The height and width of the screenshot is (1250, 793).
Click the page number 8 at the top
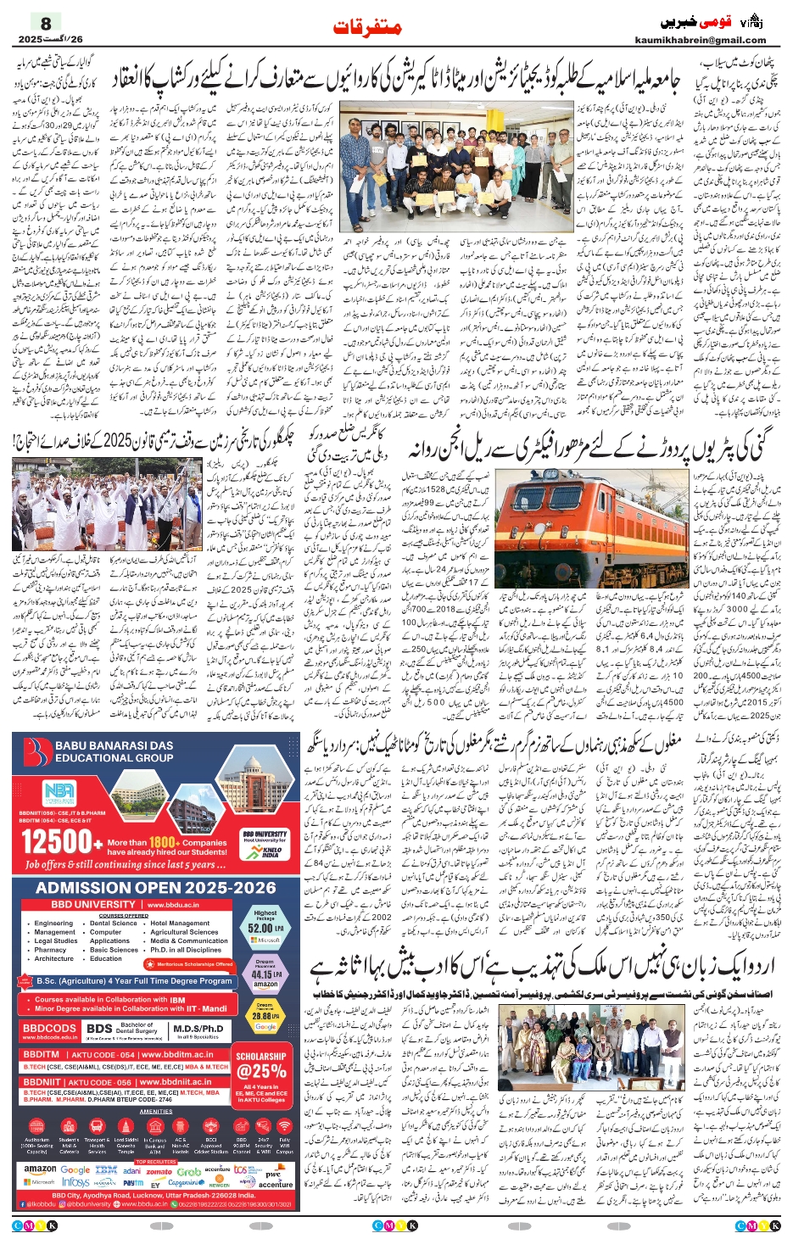(46, 23)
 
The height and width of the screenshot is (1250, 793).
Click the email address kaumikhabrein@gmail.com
(700, 40)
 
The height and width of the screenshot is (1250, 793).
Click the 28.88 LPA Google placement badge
(265, 1015)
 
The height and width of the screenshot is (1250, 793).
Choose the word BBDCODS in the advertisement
(49, 1028)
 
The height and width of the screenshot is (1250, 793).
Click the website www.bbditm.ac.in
(177, 1054)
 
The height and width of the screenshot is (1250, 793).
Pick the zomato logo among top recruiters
(159, 1171)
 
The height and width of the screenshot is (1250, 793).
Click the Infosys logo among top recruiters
(75, 1181)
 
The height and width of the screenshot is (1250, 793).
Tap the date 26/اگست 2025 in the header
(51, 39)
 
